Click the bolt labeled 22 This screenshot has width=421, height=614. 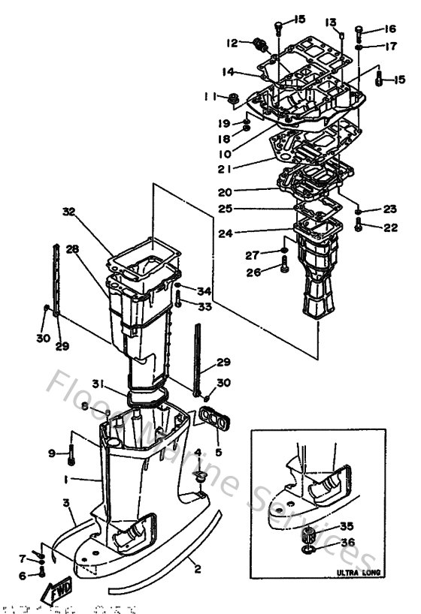[x=358, y=224]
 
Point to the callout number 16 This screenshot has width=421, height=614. [x=389, y=29]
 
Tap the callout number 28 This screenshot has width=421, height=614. [x=72, y=249]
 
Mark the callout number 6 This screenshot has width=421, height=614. [x=22, y=575]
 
